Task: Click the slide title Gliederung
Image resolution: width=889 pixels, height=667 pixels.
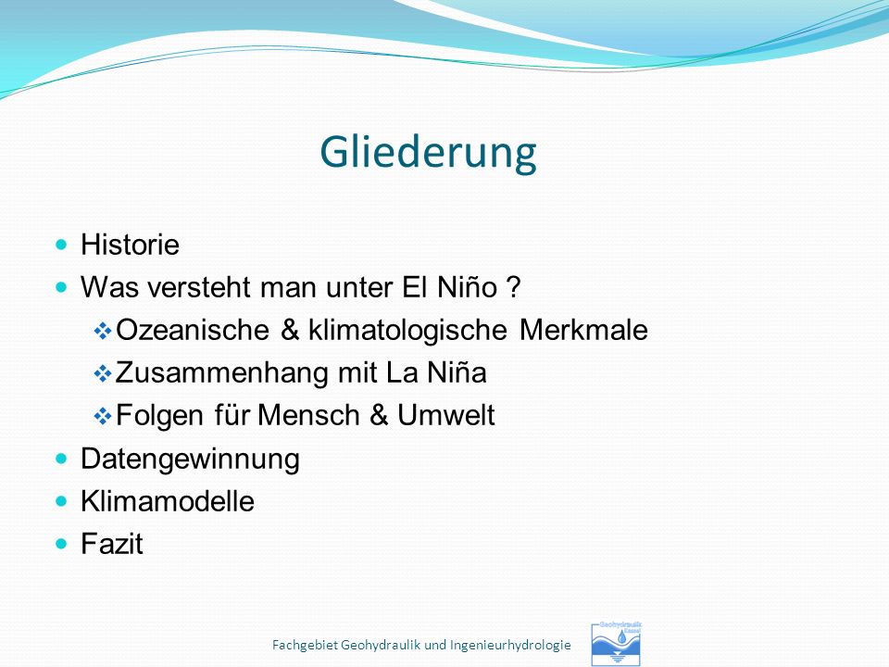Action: (428, 152)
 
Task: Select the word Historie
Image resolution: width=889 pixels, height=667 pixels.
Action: (130, 245)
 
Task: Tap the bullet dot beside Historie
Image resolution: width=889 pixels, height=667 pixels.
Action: (61, 245)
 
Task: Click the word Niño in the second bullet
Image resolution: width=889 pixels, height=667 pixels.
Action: (467, 287)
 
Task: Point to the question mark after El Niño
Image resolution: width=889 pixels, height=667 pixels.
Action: (512, 287)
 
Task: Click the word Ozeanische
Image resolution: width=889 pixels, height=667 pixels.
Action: (193, 330)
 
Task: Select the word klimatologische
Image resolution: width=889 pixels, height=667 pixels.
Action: (407, 331)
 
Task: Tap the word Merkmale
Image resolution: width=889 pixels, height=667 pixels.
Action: (583, 330)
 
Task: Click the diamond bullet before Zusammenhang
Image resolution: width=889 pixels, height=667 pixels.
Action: (103, 373)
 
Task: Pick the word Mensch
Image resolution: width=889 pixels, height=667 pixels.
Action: (308, 415)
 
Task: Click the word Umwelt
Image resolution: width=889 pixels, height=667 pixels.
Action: (446, 415)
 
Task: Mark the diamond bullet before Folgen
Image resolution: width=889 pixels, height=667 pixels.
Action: (103, 416)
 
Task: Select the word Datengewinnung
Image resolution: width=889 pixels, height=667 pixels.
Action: (190, 459)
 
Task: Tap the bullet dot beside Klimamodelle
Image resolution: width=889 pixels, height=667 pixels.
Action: (61, 501)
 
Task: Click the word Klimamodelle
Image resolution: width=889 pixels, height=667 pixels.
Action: (168, 501)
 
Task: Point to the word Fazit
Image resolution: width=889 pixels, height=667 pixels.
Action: (112, 544)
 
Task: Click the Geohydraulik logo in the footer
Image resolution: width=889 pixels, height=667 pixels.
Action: (617, 644)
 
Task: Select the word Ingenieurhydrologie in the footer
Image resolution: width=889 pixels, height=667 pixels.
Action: (510, 646)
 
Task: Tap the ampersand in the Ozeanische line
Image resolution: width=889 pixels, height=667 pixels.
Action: (289, 330)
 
